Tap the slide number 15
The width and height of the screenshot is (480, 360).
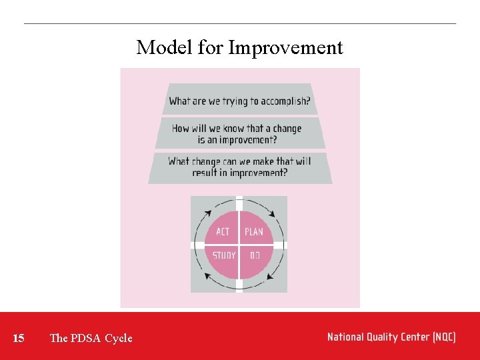tap(19, 338)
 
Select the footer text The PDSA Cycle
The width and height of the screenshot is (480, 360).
tap(91, 338)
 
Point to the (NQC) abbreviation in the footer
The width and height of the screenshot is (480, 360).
tap(443, 337)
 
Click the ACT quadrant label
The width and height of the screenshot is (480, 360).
tap(223, 232)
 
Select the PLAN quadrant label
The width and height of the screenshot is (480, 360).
tap(254, 232)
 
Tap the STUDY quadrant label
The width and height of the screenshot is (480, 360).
tap(224, 255)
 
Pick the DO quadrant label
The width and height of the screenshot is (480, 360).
tap(255, 255)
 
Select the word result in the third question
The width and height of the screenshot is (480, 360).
tap(204, 173)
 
